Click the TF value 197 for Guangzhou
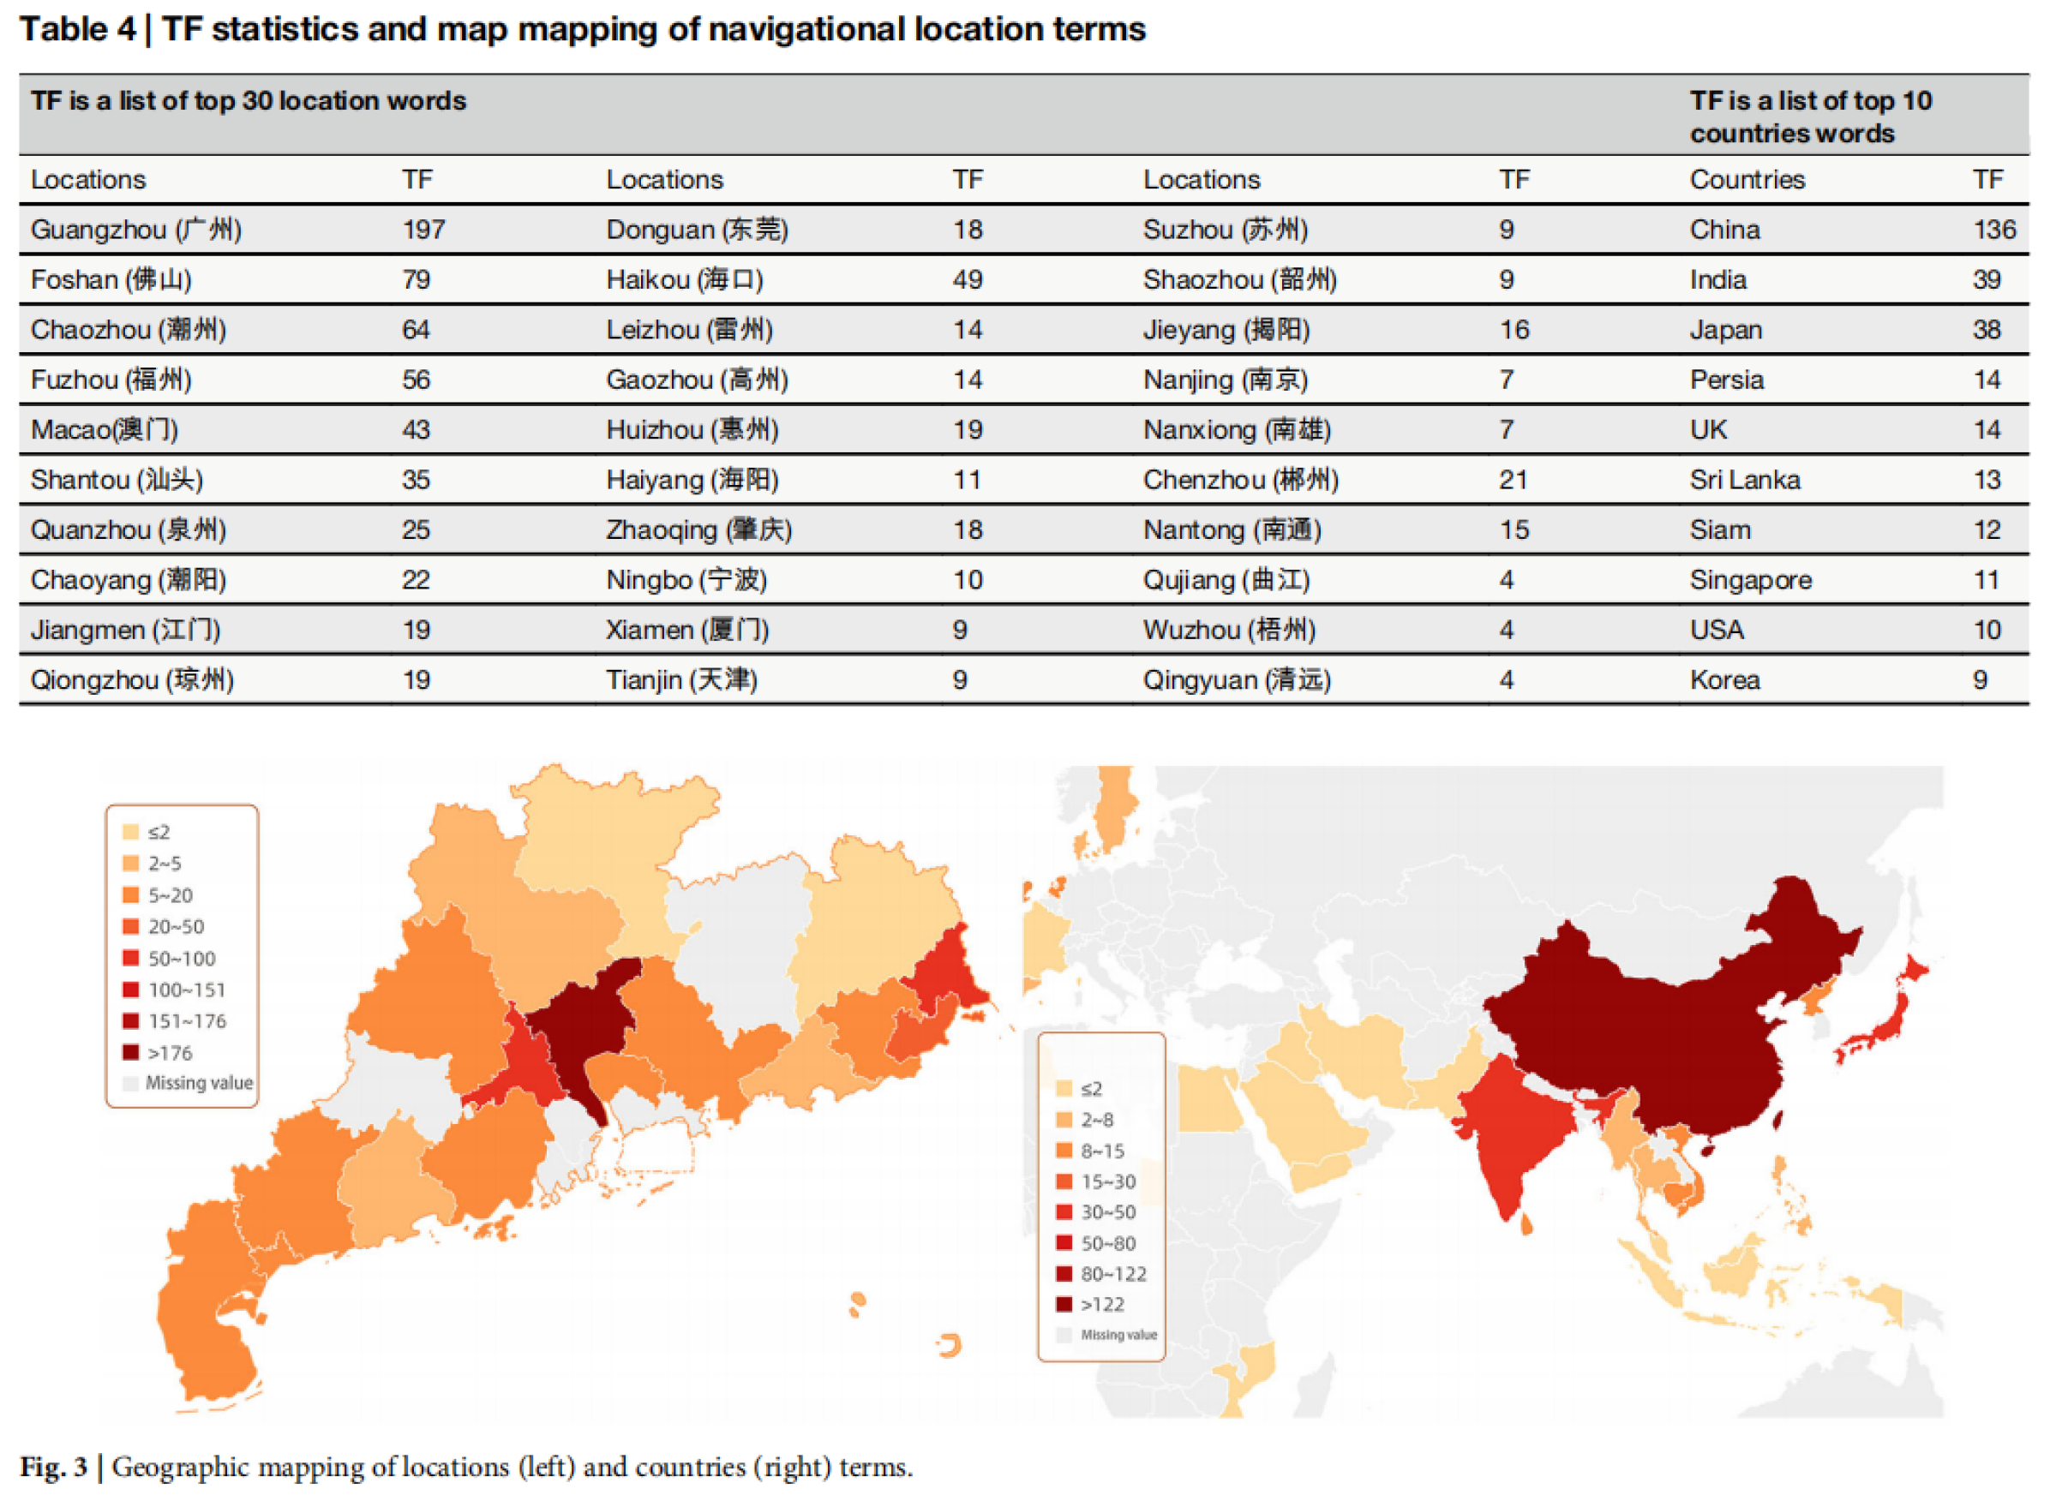(x=423, y=230)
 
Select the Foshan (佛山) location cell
(x=111, y=280)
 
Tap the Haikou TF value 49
(x=968, y=280)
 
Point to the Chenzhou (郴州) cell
(x=1240, y=480)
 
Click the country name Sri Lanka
(x=1744, y=480)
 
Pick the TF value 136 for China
(x=1994, y=230)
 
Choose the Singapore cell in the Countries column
(x=1750, y=580)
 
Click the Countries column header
(x=1747, y=180)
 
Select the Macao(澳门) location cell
(x=104, y=430)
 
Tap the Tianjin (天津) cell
(x=681, y=680)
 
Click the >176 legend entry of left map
(x=159, y=1054)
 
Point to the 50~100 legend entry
(x=170, y=959)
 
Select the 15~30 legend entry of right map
(x=1097, y=1182)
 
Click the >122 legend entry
(x=1092, y=1306)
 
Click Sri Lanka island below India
(x=1526, y=1225)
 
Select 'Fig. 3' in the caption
(x=54, y=1468)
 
